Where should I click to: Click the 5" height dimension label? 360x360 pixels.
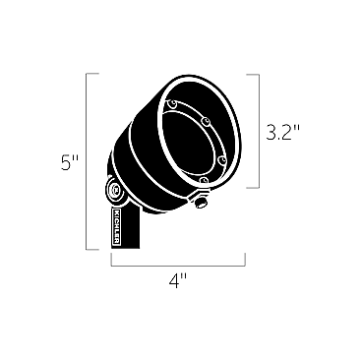[69, 163]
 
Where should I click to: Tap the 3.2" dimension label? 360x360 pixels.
[282, 131]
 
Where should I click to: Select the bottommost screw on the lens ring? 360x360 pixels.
[203, 180]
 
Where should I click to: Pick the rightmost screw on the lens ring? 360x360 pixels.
[223, 155]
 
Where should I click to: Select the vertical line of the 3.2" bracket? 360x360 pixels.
[259, 131]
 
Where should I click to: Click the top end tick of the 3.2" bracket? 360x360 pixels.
[253, 74]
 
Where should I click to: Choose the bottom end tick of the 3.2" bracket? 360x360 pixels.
[253, 188]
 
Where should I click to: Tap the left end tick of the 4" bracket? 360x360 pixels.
[111, 261]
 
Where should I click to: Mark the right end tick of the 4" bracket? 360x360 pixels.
[245, 261]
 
